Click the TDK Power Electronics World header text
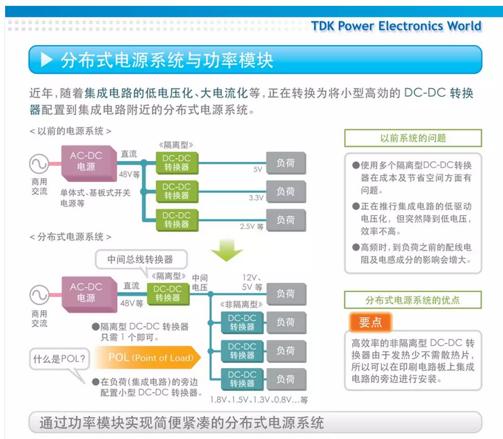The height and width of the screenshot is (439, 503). tap(396, 26)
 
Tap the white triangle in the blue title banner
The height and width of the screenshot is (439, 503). tap(47, 60)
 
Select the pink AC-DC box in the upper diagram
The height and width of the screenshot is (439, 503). tap(86, 162)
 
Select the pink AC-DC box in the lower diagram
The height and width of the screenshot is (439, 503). tap(86, 293)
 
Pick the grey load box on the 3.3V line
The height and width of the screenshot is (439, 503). tap(286, 191)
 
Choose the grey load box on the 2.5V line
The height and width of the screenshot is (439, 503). tap(286, 219)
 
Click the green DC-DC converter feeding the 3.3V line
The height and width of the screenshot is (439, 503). tap(177, 191)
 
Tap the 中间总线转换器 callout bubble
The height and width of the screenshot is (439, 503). tap(140, 259)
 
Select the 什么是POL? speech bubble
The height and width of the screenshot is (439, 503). tap(60, 360)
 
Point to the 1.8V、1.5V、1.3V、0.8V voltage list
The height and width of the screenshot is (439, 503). tap(259, 399)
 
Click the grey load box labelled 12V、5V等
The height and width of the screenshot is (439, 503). tap(286, 293)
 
